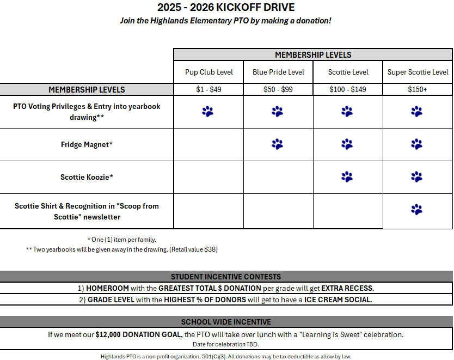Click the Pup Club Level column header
[x=208, y=72]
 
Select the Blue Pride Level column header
[x=278, y=72]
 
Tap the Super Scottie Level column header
[x=418, y=72]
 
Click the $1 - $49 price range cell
[x=208, y=89]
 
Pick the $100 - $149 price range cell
[x=348, y=89]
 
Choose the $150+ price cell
[x=418, y=89]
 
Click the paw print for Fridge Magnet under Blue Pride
[x=278, y=144]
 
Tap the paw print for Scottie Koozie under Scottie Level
[x=347, y=176]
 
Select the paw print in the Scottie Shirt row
[x=417, y=209]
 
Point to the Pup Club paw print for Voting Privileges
[x=208, y=112]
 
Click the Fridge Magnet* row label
[x=87, y=144]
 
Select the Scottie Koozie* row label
[x=87, y=177]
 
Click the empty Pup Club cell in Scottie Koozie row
[x=208, y=177]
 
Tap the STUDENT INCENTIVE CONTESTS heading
[x=226, y=277]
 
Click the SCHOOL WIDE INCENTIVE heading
[x=226, y=322]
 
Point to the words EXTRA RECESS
[x=347, y=288]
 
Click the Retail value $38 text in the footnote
[x=195, y=249]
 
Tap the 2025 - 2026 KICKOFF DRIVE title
[x=226, y=8]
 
